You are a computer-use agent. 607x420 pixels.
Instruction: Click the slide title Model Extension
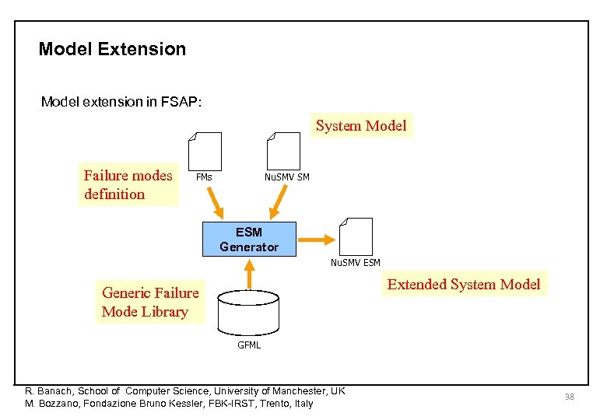112,49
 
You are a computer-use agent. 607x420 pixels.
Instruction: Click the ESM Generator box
249,240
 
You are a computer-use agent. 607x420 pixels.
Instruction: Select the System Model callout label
361,125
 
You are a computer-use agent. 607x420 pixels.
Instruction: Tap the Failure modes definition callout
129,185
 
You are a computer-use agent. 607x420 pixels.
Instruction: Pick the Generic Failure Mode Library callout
150,302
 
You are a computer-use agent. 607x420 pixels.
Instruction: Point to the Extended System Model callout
463,284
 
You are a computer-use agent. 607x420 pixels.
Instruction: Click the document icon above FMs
205,151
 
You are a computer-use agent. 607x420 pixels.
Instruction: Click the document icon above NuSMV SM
282,151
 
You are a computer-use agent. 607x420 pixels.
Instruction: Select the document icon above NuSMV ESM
356,236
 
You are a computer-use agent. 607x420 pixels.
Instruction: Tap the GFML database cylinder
248,311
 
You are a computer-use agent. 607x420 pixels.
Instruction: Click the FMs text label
204,177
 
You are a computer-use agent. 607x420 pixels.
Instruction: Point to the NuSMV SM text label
286,177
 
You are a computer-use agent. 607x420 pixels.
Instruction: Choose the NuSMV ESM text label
356,263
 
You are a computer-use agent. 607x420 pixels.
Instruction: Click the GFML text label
249,345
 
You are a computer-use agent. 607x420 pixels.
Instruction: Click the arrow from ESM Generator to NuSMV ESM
318,239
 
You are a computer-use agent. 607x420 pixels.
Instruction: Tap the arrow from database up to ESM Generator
249,273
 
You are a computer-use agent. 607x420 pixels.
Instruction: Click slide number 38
569,397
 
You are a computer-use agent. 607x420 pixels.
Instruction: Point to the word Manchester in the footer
296,390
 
